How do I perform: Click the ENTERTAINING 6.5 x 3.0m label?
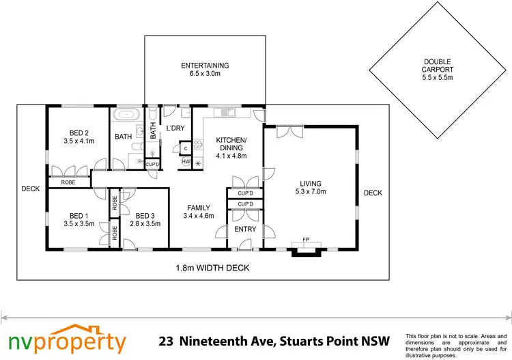click(x=205, y=70)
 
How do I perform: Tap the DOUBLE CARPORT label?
click(x=438, y=69)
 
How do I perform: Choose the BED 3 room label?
click(x=144, y=219)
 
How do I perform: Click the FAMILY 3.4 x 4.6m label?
click(x=199, y=212)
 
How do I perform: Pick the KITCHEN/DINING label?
click(x=231, y=148)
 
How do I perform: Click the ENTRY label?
click(x=245, y=229)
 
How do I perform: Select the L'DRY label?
click(x=176, y=128)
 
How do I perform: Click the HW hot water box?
click(x=186, y=162)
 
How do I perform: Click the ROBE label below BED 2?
click(x=68, y=182)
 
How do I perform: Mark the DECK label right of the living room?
click(x=373, y=193)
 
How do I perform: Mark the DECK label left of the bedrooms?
click(x=30, y=189)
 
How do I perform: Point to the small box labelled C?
click(x=185, y=147)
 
